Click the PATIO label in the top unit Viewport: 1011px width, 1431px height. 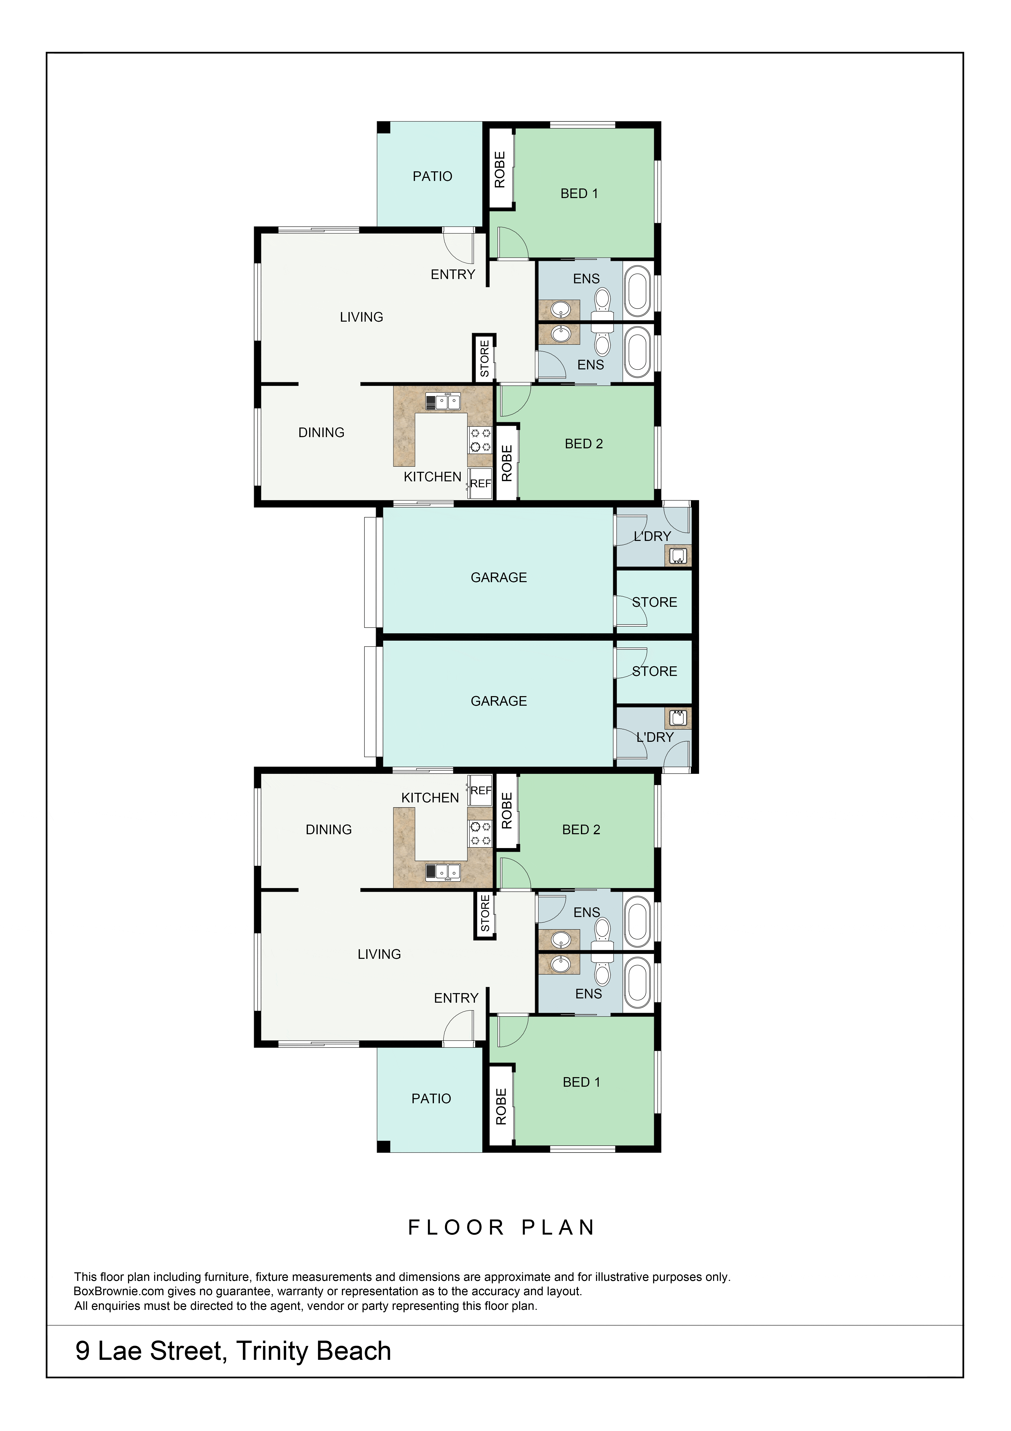pyautogui.click(x=432, y=176)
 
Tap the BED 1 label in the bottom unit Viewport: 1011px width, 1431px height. pyautogui.click(x=581, y=1082)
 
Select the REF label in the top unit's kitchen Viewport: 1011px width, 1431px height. pyautogui.click(x=480, y=484)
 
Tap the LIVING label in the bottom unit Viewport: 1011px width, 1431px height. pyautogui.click(x=379, y=954)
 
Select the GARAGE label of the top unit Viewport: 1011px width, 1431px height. pyautogui.click(x=498, y=578)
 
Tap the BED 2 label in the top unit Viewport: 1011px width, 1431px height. pyautogui.click(x=584, y=444)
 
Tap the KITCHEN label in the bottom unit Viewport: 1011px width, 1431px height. pyautogui.click(x=430, y=798)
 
